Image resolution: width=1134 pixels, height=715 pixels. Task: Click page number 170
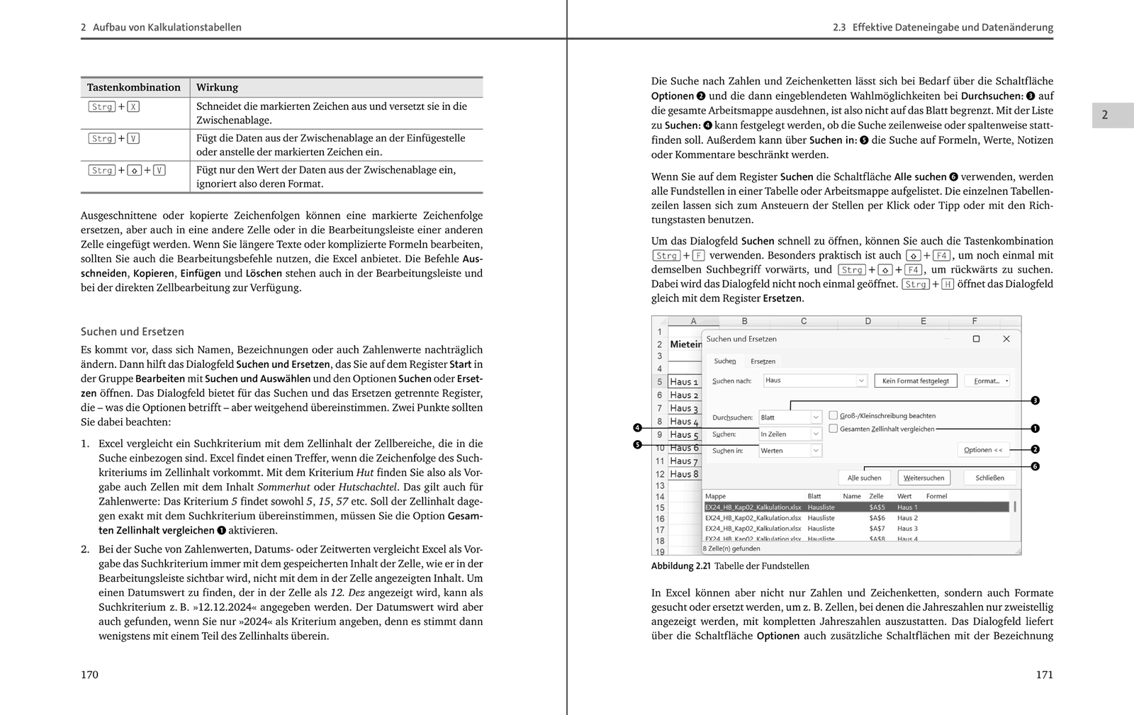89,675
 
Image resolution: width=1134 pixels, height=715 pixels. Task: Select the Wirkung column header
217,87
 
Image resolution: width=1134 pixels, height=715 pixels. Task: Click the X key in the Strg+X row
133,107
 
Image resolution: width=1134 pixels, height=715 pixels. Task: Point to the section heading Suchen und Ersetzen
132,331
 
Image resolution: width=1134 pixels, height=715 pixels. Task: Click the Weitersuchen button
924,478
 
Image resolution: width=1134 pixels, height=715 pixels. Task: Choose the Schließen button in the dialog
989,478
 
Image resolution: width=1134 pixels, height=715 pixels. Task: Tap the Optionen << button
983,450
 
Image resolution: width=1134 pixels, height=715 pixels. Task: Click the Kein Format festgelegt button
915,381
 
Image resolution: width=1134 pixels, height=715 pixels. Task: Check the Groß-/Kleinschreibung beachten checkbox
833,415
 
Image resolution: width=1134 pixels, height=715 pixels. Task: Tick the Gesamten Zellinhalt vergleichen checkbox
833,429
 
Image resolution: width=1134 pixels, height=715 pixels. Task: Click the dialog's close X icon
1006,339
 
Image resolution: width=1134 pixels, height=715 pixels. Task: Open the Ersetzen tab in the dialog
763,361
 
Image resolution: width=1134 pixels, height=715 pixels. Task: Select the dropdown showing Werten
790,451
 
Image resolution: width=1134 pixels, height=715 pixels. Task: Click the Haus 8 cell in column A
684,474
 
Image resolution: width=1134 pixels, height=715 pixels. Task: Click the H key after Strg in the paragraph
948,284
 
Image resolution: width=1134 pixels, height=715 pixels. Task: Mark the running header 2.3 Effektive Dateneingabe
943,28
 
